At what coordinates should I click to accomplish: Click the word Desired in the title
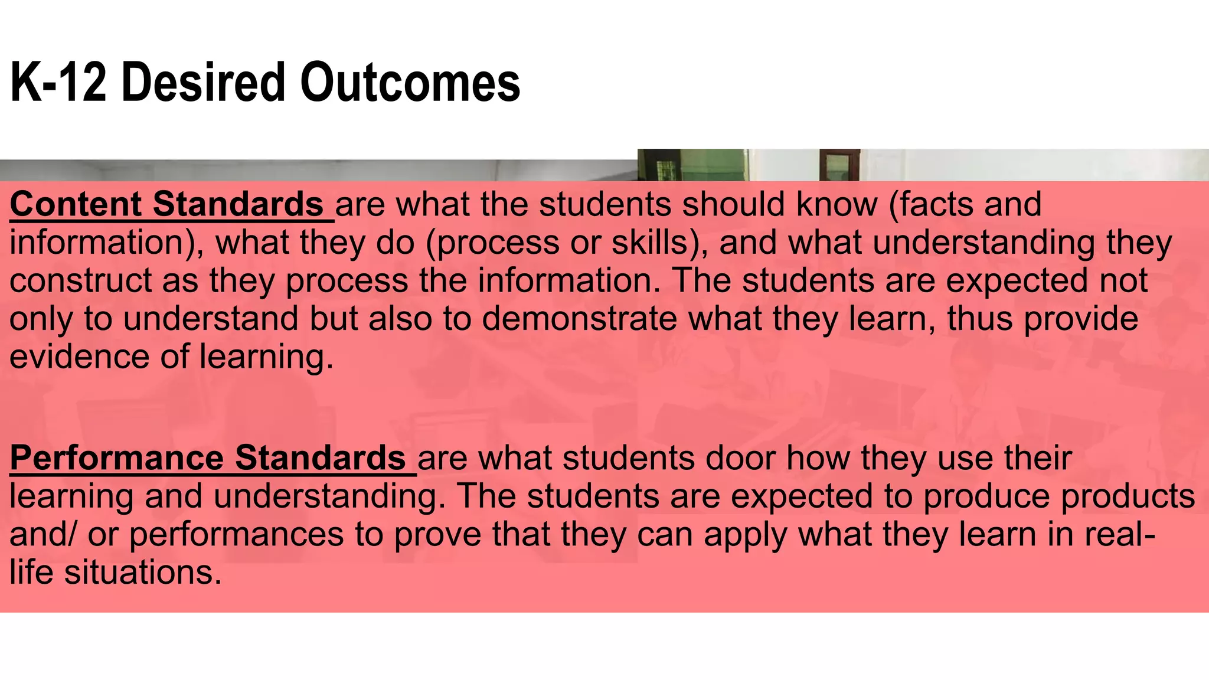pyautogui.click(x=204, y=83)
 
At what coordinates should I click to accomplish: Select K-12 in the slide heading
pyautogui.click(x=59, y=83)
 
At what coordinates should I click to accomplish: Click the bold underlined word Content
pyautogui.click(x=76, y=204)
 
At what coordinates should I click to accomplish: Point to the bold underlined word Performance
pyautogui.click(x=116, y=458)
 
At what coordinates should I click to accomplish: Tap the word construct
pyautogui.click(x=80, y=280)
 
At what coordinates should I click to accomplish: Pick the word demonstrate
pyautogui.click(x=580, y=319)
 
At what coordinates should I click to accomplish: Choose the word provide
pyautogui.click(x=1081, y=319)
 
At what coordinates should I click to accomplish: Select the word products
pyautogui.click(x=1128, y=496)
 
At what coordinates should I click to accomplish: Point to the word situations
pyautogui.click(x=143, y=573)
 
